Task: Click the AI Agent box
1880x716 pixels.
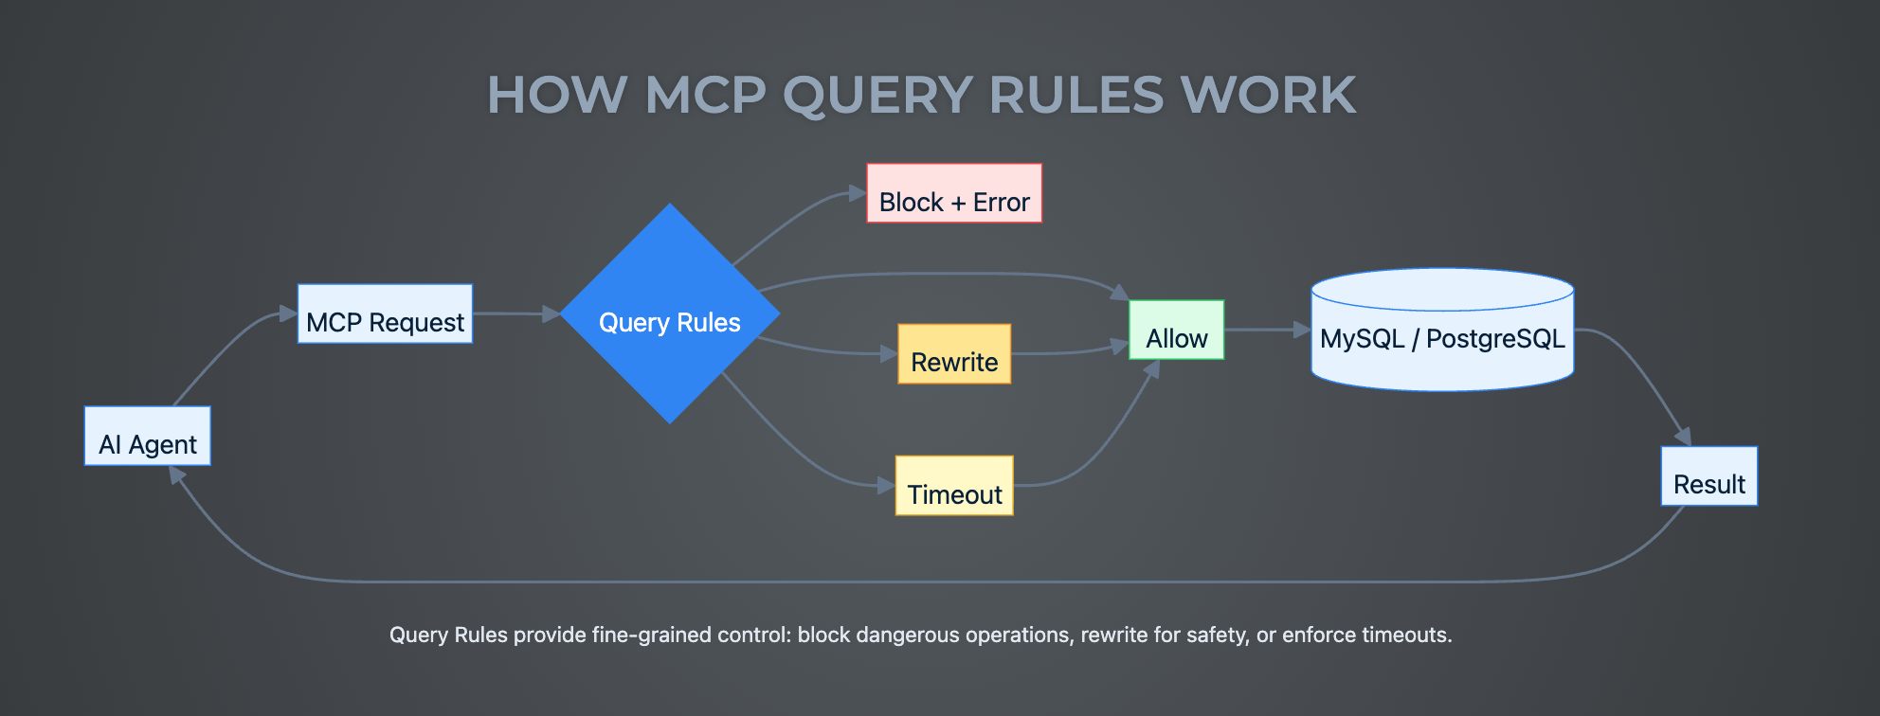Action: pyautogui.click(x=147, y=437)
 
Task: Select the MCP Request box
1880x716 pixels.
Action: pyautogui.click(x=385, y=314)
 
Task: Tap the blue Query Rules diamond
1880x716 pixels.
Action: pyautogui.click(x=669, y=314)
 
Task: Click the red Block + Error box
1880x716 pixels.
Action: pyautogui.click(x=954, y=194)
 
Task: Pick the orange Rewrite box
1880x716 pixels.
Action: pyautogui.click(x=954, y=354)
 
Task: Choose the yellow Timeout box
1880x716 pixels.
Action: pyautogui.click(x=954, y=486)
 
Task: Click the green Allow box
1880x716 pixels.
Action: pyautogui.click(x=1176, y=331)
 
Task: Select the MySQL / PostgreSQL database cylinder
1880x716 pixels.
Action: pyautogui.click(x=1441, y=331)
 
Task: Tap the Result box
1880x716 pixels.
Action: pyautogui.click(x=1708, y=476)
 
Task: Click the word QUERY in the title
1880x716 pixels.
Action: pyautogui.click(x=877, y=96)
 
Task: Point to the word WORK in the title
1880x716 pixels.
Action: pyautogui.click(x=1268, y=96)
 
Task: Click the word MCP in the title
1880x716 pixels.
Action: pyautogui.click(x=705, y=96)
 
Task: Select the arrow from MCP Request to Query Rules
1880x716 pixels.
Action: pyautogui.click(x=512, y=313)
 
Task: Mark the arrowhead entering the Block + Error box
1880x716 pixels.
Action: pyautogui.click(x=858, y=193)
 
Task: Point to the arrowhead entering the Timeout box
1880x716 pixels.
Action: pyautogui.click(x=886, y=486)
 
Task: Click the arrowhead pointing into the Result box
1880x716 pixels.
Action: pyautogui.click(x=1684, y=437)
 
